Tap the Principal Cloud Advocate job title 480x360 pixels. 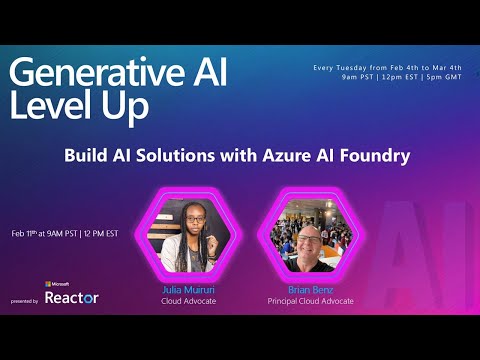click(310, 301)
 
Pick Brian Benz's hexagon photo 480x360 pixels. click(310, 233)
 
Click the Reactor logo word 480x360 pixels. click(71, 298)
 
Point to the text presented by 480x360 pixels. click(25, 300)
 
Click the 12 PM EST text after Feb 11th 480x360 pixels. click(99, 233)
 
